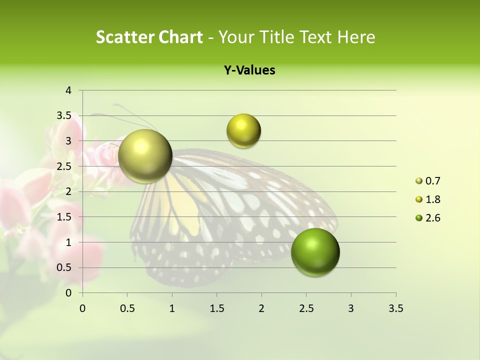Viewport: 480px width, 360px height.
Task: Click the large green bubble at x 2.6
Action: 315,252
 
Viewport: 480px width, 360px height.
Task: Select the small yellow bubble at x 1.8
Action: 243,130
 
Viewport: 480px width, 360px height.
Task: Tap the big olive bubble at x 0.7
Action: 145,156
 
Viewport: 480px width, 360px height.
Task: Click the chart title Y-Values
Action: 249,70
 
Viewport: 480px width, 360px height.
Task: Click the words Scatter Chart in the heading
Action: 149,37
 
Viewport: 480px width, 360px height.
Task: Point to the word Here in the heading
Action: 356,37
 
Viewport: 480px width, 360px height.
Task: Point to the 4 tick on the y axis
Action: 69,90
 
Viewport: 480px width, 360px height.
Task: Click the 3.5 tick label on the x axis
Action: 395,308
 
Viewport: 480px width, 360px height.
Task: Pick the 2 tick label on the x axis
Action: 261,308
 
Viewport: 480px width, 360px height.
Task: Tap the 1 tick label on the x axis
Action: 172,308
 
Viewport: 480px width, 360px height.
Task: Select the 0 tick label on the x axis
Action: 82,308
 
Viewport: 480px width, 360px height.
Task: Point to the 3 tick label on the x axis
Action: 351,308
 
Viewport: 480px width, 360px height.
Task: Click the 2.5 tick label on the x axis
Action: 306,308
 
